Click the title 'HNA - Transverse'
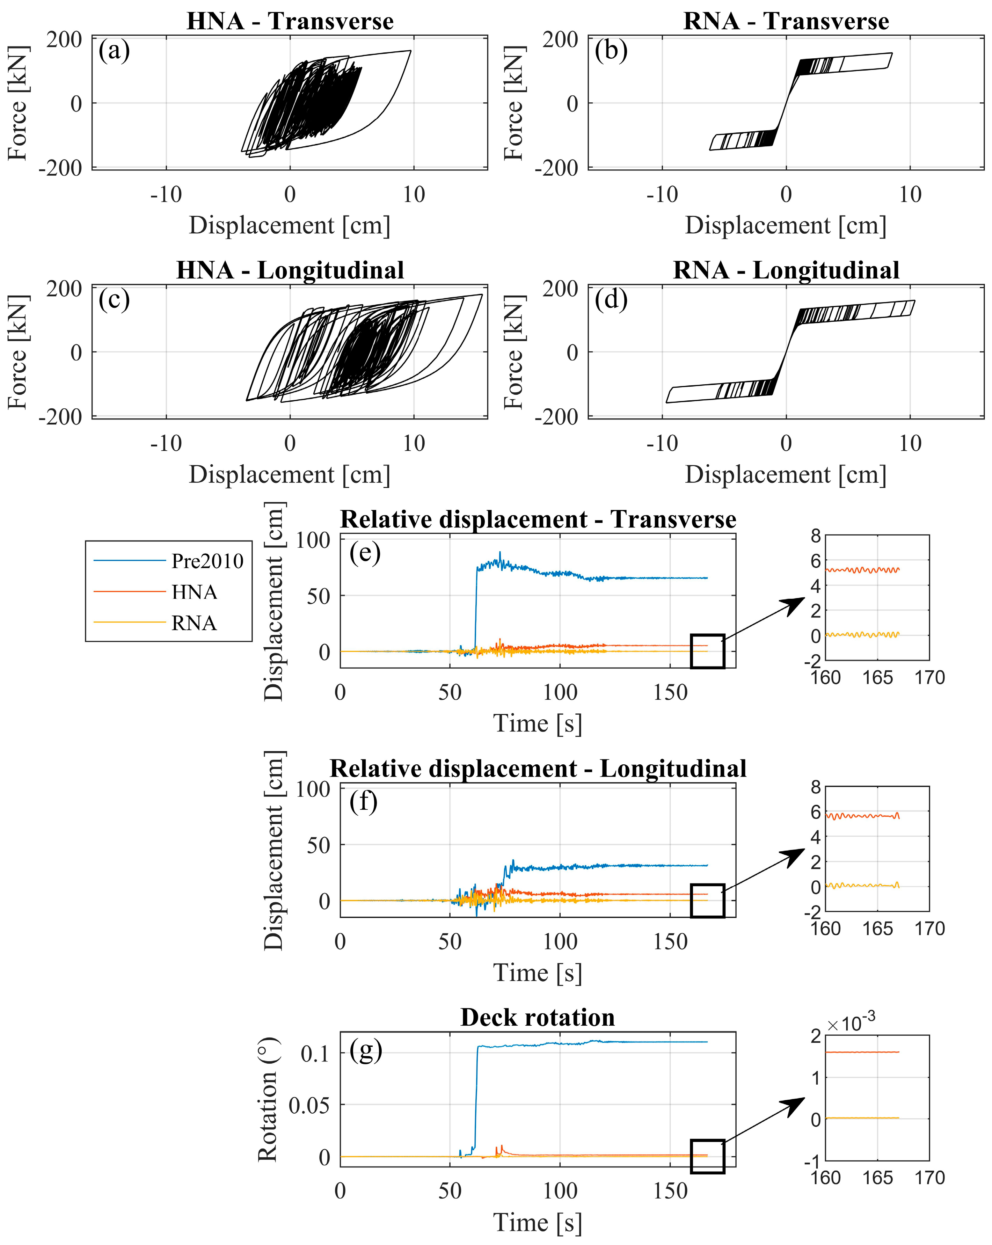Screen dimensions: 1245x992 (290, 21)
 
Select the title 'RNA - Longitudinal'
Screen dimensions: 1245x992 (786, 270)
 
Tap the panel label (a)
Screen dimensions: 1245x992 (114, 51)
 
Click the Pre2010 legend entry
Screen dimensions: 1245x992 (207, 561)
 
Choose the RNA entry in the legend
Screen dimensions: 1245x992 (194, 623)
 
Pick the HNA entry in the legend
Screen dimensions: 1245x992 (194, 592)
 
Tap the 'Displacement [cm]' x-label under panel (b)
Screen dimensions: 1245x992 (785, 225)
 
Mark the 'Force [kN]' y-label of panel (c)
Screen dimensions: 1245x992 (18, 352)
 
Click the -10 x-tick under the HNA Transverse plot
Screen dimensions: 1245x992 (166, 195)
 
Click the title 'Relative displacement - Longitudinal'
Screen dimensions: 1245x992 (538, 769)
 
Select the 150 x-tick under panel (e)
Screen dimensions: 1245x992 (670, 692)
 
